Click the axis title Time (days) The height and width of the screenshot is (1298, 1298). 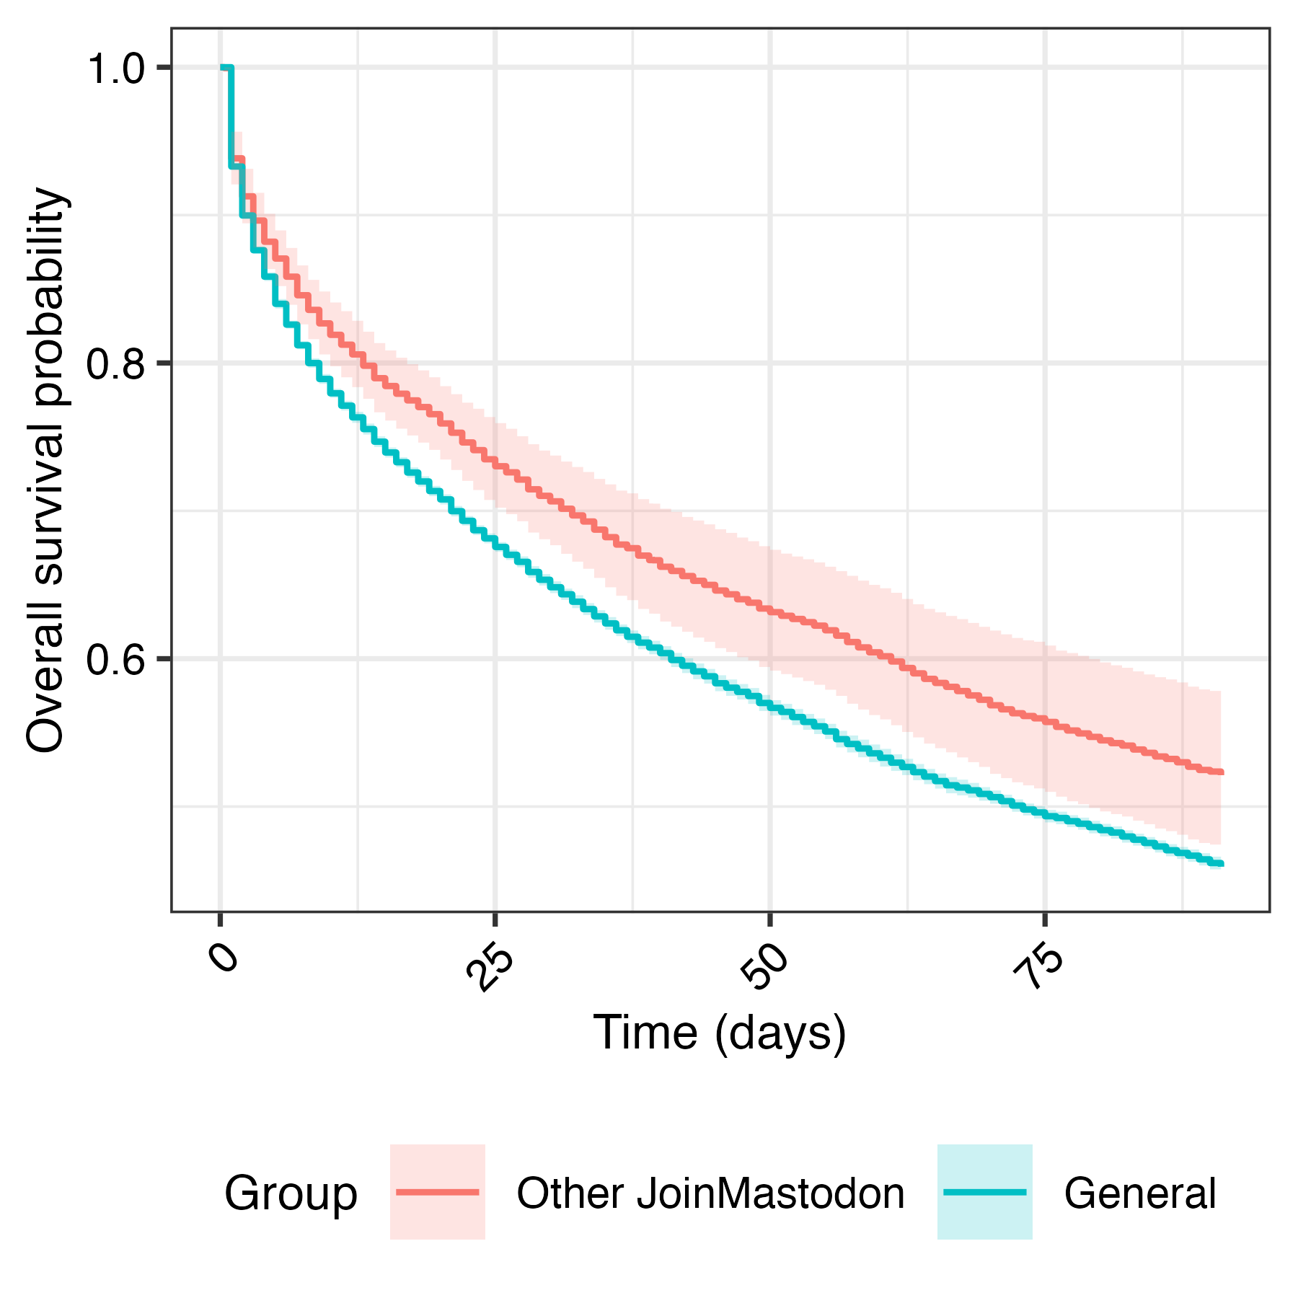(x=719, y=1033)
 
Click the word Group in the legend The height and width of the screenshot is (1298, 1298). (x=291, y=1193)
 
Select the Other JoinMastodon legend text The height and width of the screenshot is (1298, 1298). (x=710, y=1193)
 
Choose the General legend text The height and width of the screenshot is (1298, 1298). (x=1140, y=1193)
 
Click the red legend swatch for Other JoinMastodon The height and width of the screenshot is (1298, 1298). (x=438, y=1192)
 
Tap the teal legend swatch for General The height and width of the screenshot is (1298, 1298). (x=984, y=1192)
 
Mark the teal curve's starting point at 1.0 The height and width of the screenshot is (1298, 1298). (x=223, y=68)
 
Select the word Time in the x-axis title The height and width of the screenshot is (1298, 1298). (x=645, y=1033)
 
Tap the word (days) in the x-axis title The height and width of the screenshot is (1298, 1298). (x=781, y=1033)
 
